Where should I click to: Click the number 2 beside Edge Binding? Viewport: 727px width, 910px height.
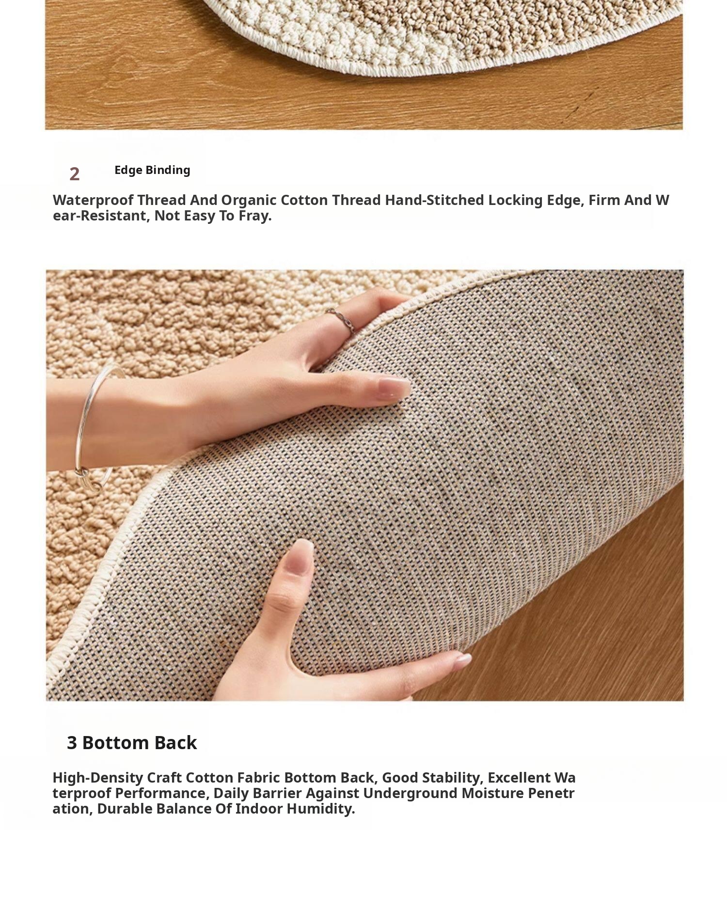pyautogui.click(x=74, y=174)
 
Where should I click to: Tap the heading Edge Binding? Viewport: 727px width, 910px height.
pyautogui.click(x=152, y=170)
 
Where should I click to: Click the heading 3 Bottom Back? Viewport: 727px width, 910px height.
pyautogui.click(x=132, y=742)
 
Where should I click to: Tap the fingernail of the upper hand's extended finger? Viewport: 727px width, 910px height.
pyautogui.click(x=394, y=388)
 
